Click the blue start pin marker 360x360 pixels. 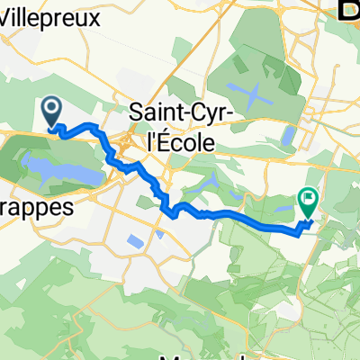[x=51, y=112]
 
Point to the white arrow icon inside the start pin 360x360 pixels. [x=51, y=109]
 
